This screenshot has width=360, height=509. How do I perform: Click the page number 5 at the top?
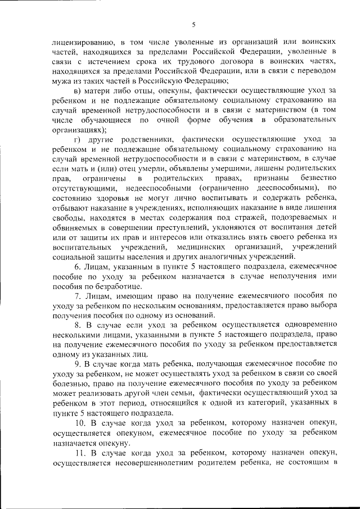(x=193, y=24)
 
